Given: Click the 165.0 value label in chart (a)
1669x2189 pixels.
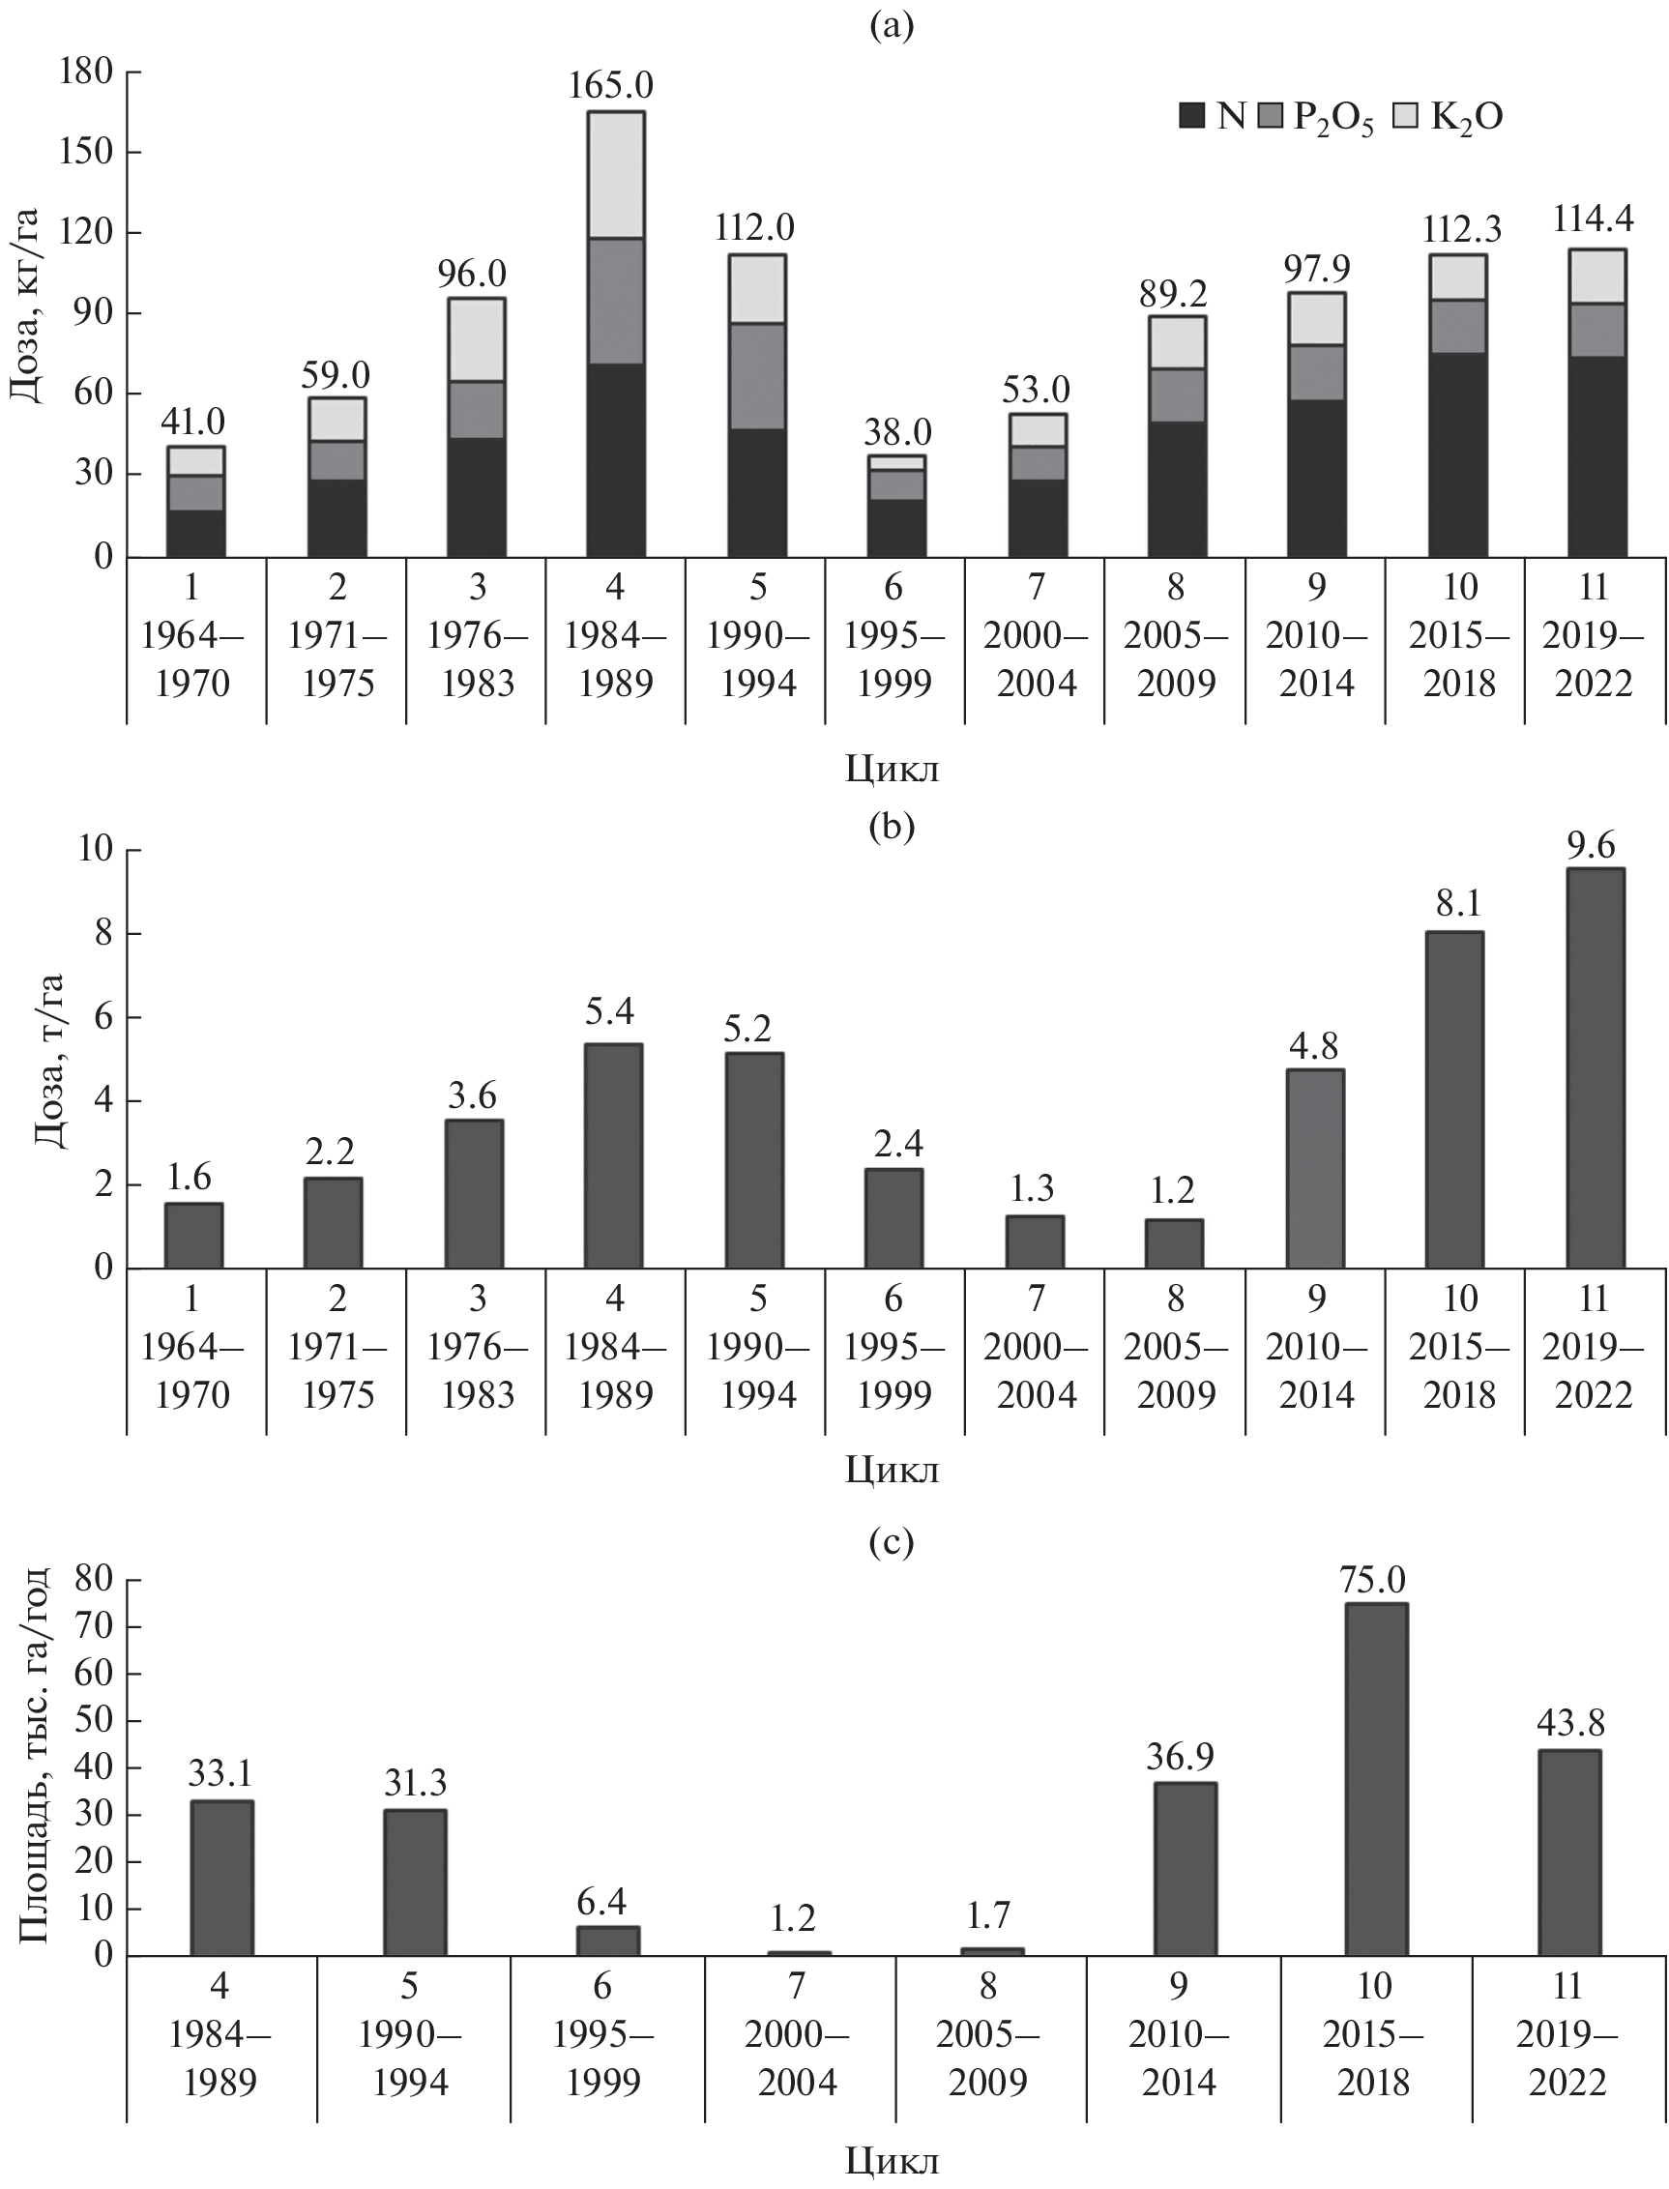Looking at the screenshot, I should pos(610,85).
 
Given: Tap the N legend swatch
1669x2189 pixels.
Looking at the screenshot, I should pos(1192,117).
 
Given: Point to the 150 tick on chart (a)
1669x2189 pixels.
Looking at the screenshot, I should pos(90,152).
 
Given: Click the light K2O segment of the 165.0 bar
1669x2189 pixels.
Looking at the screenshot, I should pos(616,175).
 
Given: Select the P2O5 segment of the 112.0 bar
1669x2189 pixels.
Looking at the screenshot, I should pos(757,375).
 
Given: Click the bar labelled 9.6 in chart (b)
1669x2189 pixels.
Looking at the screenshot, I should pos(1596,1067).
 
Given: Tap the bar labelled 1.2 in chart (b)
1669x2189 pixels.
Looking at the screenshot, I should pos(1174,1243).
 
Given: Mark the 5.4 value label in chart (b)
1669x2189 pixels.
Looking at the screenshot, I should pos(609,1011).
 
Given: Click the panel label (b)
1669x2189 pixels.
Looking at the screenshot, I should pos(892,827).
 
